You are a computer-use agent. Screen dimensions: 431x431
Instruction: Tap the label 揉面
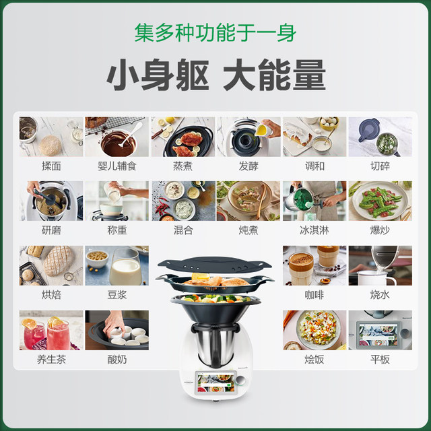[x=51, y=166]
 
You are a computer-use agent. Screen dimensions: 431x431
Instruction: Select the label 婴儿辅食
[x=117, y=166]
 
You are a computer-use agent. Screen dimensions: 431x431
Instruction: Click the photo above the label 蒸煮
[x=183, y=137]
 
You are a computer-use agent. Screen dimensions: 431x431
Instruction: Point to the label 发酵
[x=248, y=166]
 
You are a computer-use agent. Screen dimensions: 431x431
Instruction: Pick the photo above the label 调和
[x=314, y=137]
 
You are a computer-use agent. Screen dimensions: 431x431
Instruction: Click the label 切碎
[x=380, y=166]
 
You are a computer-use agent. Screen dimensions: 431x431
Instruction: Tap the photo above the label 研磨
[x=51, y=201]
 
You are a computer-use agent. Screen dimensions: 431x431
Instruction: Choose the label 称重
[x=117, y=230]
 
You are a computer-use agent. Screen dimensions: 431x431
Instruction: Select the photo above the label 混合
[x=183, y=201]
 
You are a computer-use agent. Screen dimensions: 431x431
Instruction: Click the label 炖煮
[x=248, y=230]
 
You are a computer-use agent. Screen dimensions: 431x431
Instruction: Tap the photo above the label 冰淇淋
[x=314, y=201]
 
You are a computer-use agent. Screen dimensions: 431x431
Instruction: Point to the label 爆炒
[x=380, y=230]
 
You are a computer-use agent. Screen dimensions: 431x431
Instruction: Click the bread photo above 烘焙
[x=51, y=265]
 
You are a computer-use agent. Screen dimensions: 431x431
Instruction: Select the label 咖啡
[x=314, y=294]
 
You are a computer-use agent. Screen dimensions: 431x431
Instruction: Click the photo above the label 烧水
[x=380, y=265]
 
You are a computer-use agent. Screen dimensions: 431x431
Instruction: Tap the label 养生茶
[x=51, y=359]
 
